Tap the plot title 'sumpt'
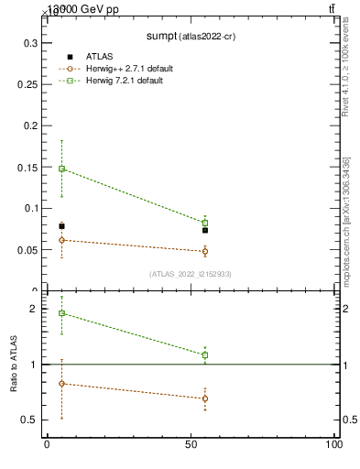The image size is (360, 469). (166, 36)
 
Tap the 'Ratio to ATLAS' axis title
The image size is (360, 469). (14, 365)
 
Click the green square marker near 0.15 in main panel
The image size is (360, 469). (61, 169)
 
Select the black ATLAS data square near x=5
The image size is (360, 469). (61, 226)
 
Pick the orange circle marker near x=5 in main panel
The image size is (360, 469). (61, 240)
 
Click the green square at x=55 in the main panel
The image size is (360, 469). (205, 223)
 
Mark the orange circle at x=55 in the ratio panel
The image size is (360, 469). (205, 398)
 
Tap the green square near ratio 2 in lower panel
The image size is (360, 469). (61, 313)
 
